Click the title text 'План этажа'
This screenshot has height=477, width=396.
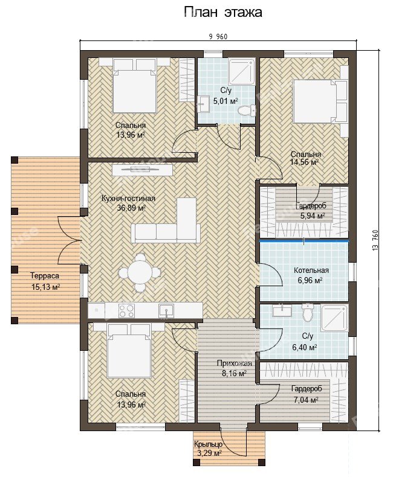[x=222, y=13]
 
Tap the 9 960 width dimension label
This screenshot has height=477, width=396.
[x=218, y=37]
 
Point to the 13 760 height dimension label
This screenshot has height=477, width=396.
[x=375, y=240]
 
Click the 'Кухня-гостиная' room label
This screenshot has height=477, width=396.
[x=128, y=199]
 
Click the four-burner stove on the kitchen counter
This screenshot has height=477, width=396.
[x=126, y=310]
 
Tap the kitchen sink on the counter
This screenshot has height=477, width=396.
[x=166, y=311]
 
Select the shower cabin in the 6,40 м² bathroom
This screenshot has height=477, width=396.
[x=334, y=318]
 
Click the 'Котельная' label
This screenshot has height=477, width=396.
[x=311, y=270]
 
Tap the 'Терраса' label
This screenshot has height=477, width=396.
[x=45, y=276]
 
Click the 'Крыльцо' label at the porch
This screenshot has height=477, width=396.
[x=208, y=444]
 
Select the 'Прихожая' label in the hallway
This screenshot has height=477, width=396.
[x=234, y=363]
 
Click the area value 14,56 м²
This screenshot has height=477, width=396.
[x=304, y=162]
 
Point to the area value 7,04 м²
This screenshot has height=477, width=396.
[x=306, y=400]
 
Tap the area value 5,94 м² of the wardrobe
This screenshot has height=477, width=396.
[x=312, y=216]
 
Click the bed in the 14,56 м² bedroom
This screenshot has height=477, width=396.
[x=320, y=101]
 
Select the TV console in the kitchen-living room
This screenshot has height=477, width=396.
[x=143, y=170]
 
